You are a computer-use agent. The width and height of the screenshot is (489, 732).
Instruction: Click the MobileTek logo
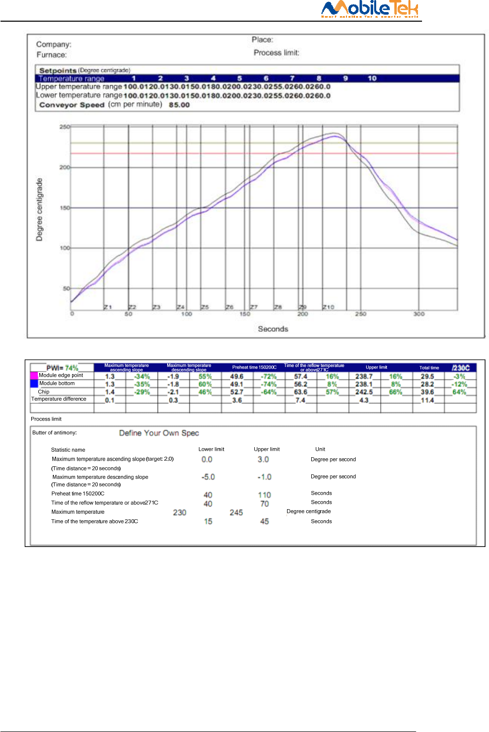coord(370,9)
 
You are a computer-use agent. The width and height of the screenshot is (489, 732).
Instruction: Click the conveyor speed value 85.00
coord(179,105)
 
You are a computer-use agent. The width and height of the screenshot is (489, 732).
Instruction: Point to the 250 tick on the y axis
coord(64,127)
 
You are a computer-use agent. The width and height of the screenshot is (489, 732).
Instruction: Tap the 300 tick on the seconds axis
coord(419,314)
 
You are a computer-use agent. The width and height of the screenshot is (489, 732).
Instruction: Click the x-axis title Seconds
coord(273,329)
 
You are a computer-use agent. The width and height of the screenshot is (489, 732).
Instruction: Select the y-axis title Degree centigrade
coord(39,209)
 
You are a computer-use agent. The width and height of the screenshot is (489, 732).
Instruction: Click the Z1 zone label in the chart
coord(108,307)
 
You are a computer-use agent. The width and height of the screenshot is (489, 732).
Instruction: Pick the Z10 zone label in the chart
coord(328,307)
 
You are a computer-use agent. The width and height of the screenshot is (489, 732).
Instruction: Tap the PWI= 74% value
coord(62,368)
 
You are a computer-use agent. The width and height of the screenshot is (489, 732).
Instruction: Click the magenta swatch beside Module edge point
coord(34,376)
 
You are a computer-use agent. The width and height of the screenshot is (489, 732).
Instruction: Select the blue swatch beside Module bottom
coord(34,384)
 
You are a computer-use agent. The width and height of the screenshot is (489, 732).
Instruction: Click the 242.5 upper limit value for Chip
coord(364,392)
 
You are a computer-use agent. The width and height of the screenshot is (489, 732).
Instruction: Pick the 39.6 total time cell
coord(428,392)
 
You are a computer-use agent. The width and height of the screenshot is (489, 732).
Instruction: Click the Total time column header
coord(429,368)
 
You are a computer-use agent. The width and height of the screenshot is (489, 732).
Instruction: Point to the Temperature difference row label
coord(59,399)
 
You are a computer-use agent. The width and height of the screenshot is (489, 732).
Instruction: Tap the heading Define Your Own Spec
coord(159,433)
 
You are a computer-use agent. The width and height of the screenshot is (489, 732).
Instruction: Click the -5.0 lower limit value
coord(208,477)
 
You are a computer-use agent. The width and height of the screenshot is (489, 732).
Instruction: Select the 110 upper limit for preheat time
coord(264,495)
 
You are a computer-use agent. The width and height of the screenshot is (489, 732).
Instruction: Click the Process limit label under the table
coord(46,419)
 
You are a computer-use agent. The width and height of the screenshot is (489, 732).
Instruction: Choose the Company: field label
coord(54,44)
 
